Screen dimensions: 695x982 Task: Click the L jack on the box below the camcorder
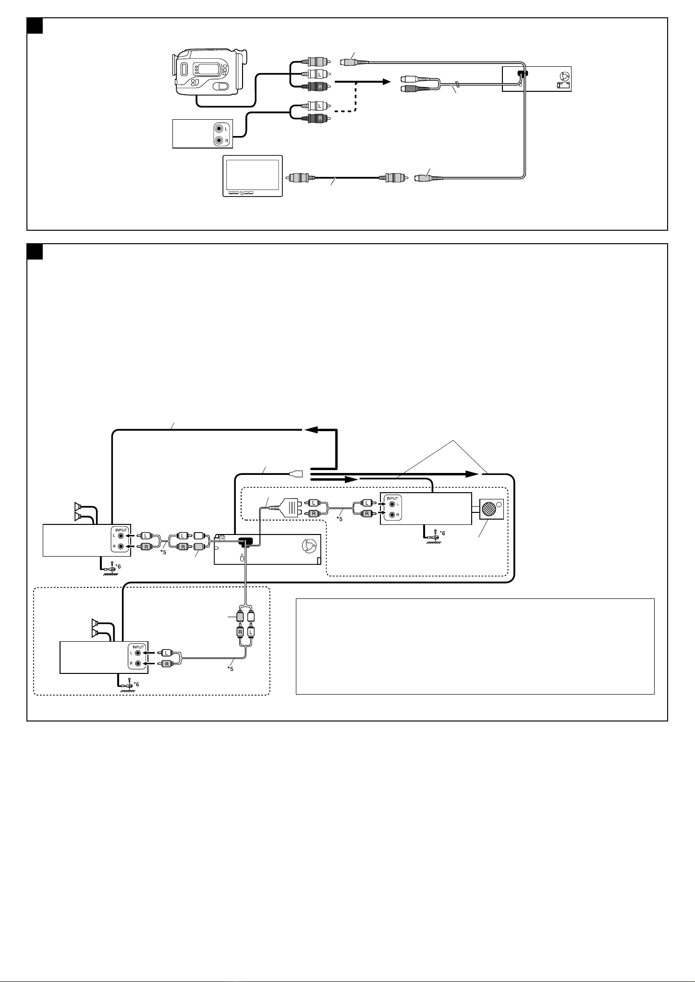click(219, 129)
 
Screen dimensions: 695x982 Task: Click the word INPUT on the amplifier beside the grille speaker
click(393, 498)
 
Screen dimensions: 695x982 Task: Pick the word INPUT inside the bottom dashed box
click(138, 647)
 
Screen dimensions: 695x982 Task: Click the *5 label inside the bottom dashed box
click(231, 669)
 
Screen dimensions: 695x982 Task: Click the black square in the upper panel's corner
click(35, 26)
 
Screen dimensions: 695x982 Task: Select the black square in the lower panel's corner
click(35, 251)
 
